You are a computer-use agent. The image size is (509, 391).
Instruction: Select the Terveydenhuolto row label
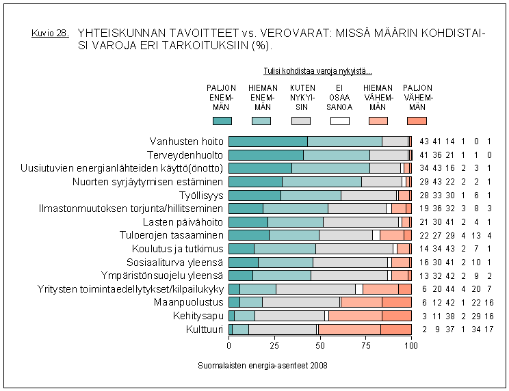186,154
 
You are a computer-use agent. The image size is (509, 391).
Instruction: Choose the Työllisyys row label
201,195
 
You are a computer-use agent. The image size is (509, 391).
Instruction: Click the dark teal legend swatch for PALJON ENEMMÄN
222,121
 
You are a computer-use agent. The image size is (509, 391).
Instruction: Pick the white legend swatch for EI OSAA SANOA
340,121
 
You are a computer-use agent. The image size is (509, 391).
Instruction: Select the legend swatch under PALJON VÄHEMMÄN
417,121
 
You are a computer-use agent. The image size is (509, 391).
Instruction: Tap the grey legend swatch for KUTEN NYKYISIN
301,121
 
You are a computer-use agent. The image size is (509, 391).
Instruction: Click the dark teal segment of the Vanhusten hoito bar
267,141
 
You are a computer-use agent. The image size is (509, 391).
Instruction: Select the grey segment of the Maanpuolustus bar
300,302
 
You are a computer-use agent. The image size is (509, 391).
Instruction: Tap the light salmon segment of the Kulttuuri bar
350,329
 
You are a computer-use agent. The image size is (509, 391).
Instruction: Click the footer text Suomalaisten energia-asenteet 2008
263,366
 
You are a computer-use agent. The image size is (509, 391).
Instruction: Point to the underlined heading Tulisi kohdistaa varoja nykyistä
317,70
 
